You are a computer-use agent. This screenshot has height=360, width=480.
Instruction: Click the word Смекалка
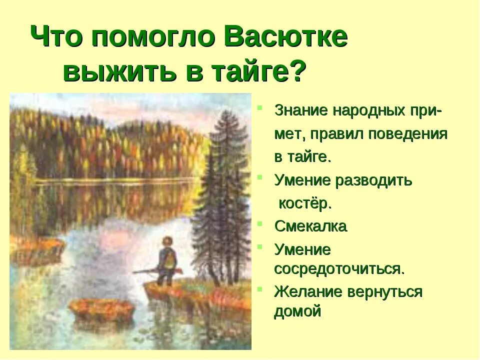tap(310, 226)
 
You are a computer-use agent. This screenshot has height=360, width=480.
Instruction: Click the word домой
tap(297, 311)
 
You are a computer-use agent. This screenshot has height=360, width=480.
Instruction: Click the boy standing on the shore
tap(166, 262)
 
